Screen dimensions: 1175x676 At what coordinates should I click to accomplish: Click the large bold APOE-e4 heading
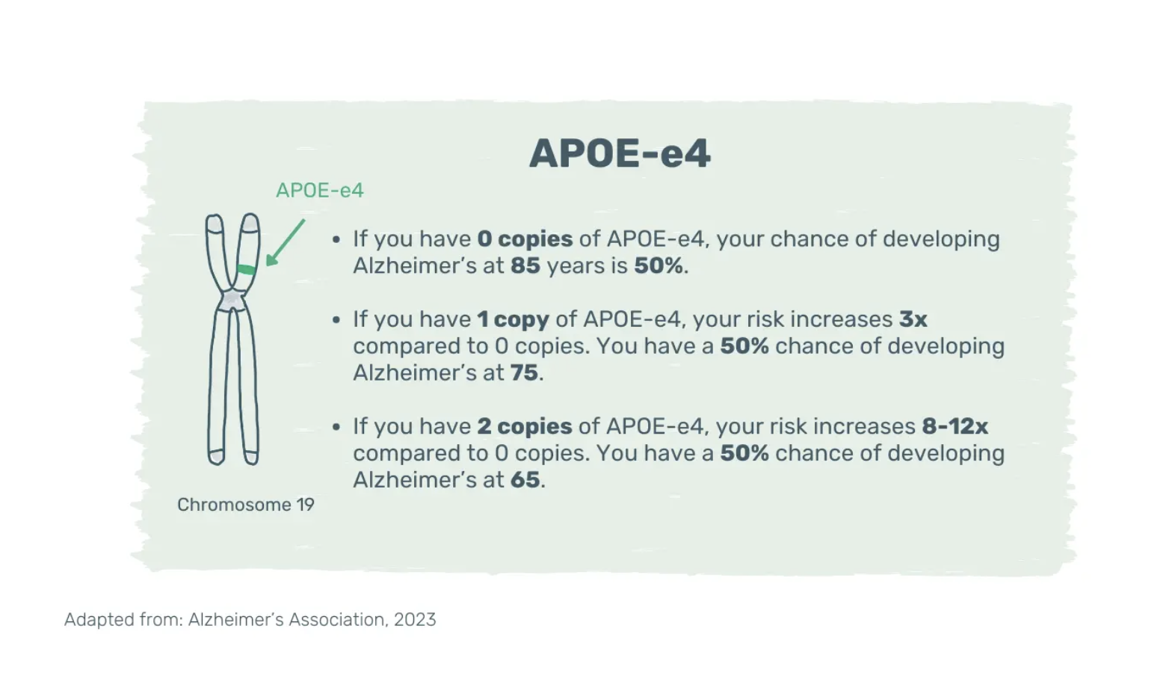pyautogui.click(x=620, y=153)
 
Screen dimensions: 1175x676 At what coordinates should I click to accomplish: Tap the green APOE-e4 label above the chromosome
pyautogui.click(x=319, y=191)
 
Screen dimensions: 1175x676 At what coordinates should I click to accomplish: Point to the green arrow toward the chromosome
pyautogui.click(x=285, y=243)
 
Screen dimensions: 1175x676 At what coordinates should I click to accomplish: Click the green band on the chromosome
pyautogui.click(x=246, y=270)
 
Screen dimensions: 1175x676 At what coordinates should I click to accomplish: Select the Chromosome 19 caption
pyautogui.click(x=245, y=504)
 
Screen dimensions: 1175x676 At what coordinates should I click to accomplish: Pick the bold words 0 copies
pyautogui.click(x=525, y=239)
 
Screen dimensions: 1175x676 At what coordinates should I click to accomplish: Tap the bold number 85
pyautogui.click(x=525, y=265)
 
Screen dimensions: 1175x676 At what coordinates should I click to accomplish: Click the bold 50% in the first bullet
pyautogui.click(x=659, y=265)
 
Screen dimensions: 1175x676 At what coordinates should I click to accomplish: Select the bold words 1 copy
pyautogui.click(x=513, y=319)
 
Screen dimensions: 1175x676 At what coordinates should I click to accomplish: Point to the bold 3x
pyautogui.click(x=913, y=319)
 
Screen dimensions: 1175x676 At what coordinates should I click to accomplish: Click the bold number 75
pyautogui.click(x=524, y=373)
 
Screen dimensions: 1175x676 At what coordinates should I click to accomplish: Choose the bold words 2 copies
pyautogui.click(x=525, y=427)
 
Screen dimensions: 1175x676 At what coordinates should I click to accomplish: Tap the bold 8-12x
pyautogui.click(x=955, y=426)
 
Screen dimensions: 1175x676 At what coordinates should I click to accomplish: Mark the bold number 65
pyautogui.click(x=525, y=480)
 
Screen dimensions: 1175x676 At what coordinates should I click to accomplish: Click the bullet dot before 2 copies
pyautogui.click(x=336, y=426)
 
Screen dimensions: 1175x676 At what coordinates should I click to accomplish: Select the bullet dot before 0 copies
pyautogui.click(x=336, y=240)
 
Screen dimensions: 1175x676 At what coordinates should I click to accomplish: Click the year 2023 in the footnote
pyautogui.click(x=414, y=620)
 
